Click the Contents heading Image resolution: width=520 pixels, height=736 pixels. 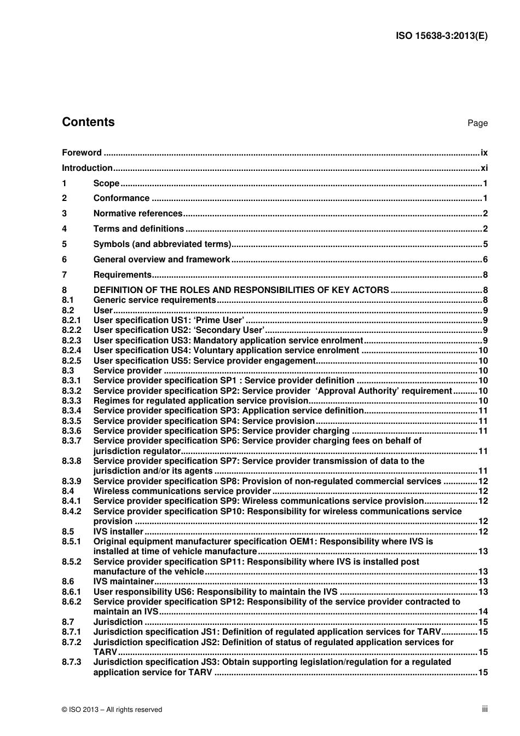tap(88, 122)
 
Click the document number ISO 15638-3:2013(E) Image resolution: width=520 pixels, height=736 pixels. tap(441, 36)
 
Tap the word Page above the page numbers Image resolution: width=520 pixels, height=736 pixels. tap(477, 123)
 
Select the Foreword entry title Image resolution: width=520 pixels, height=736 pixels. tap(82, 153)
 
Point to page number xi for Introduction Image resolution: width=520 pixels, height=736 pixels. tap(484, 168)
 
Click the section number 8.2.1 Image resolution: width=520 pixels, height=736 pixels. tap(71, 320)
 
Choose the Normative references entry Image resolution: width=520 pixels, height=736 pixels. tap(137, 214)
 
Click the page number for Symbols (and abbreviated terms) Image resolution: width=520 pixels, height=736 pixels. tap(485, 244)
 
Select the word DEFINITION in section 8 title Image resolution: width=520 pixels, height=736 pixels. tap(120, 290)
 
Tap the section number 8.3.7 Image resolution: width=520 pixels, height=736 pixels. tap(71, 441)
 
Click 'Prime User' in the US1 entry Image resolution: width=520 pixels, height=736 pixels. tap(219, 320)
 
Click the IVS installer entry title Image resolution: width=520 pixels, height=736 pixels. tap(118, 532)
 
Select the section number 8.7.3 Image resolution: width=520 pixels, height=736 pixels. tap(71, 662)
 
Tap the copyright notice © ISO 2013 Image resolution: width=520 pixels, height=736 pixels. tap(112, 710)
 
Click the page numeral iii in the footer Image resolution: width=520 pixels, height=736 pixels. tap(484, 709)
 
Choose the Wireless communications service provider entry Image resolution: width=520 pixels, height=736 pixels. tap(182, 491)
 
